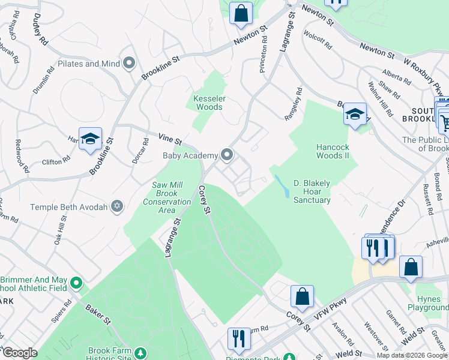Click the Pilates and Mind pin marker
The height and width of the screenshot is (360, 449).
tap(128, 63)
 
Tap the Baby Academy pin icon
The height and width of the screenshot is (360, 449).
tap(226, 155)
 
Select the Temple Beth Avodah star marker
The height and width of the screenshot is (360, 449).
tap(118, 207)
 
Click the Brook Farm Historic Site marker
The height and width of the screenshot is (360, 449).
tap(140, 353)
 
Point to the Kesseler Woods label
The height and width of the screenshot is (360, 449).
tap(208, 103)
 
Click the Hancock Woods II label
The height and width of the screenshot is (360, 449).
tap(333, 151)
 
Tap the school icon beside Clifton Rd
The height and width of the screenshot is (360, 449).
tap(90, 139)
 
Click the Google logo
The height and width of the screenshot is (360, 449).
tap(19, 353)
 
